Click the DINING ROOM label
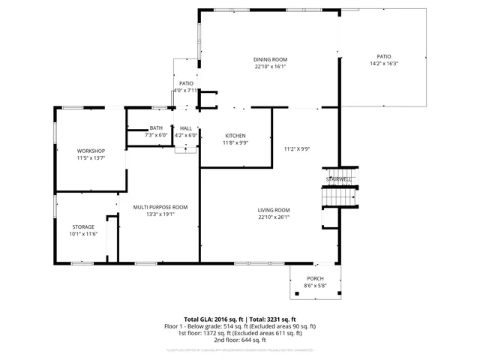click(x=271, y=59)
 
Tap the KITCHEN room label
click(x=236, y=135)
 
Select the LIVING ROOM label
click(x=273, y=210)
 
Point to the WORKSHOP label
click(x=91, y=151)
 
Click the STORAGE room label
click(x=83, y=226)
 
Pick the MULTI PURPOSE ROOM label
click(x=160, y=206)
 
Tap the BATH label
click(x=156, y=128)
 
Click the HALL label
click(x=186, y=128)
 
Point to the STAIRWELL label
click(x=338, y=179)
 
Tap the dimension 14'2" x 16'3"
click(x=384, y=64)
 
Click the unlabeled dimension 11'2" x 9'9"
click(x=297, y=148)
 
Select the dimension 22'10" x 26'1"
click(x=273, y=217)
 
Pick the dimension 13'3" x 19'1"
click(x=160, y=214)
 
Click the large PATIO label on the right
click(x=384, y=56)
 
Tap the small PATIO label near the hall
click(x=186, y=83)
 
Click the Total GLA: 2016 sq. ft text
click(x=213, y=319)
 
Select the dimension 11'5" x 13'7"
click(x=91, y=158)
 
